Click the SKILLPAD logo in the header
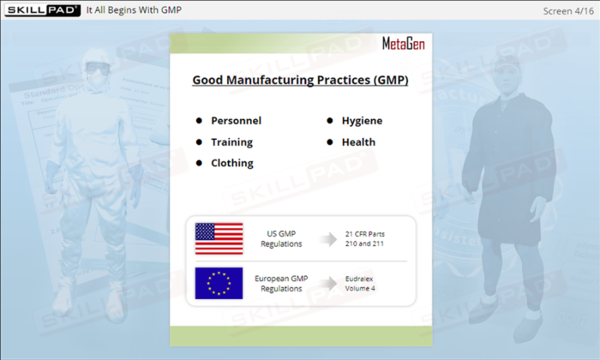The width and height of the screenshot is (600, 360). [x=43, y=10]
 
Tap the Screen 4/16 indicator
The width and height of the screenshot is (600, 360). [x=568, y=11]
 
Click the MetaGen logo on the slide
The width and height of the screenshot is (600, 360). [x=404, y=44]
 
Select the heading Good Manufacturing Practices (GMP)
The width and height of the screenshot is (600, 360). [x=300, y=80]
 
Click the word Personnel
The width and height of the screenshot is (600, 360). [x=236, y=121]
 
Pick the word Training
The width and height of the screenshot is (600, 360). [x=232, y=142]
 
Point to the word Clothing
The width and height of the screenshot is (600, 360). [x=232, y=164]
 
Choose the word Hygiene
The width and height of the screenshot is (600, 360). [x=362, y=121]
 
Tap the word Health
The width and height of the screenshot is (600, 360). [x=358, y=142]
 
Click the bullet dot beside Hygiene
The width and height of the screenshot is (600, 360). [x=330, y=121]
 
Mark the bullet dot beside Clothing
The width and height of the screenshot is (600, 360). [x=199, y=163]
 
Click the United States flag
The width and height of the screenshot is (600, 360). [x=219, y=239]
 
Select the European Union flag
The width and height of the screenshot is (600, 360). [x=219, y=283]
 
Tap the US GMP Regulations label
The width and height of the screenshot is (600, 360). [x=281, y=239]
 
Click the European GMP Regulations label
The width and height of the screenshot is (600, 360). [x=281, y=284]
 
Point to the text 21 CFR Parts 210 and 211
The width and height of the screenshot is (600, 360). [x=364, y=239]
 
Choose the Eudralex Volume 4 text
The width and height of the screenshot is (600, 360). [x=360, y=284]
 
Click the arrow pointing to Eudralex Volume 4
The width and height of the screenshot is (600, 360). [x=328, y=284]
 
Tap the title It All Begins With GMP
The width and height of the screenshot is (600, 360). [x=134, y=10]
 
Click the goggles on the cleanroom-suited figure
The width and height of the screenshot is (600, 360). [x=97, y=68]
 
